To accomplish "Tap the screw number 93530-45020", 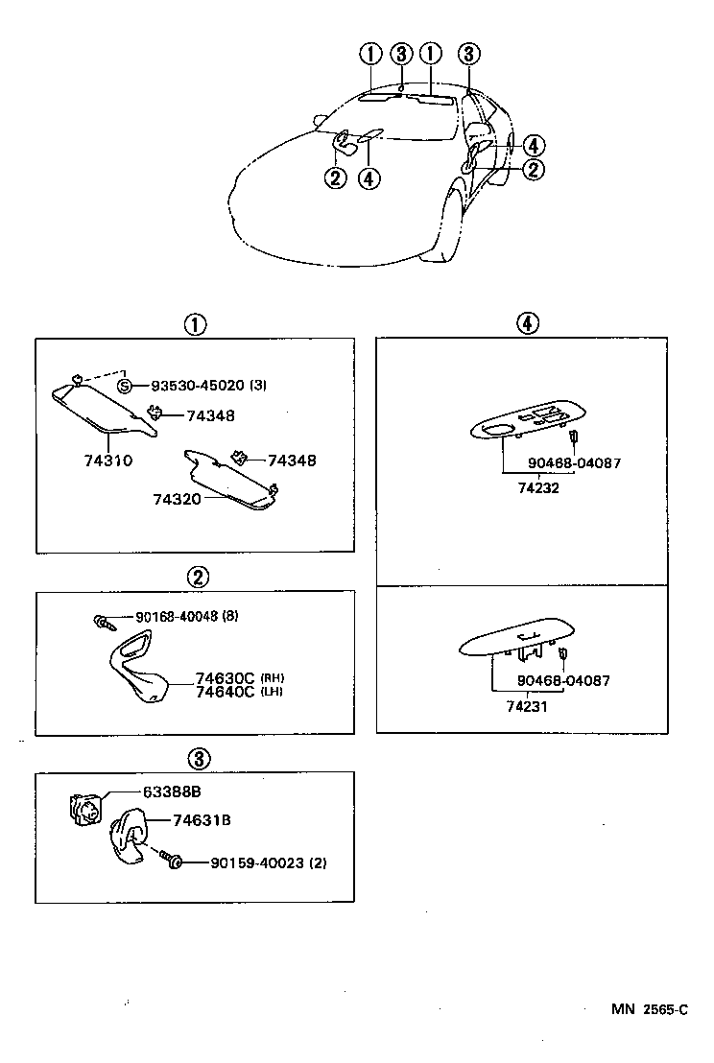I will pos(198,386).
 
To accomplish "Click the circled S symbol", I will pos(126,386).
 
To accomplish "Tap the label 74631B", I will pos(202,820).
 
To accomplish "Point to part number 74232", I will pos(538,487).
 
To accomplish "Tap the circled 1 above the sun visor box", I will pos(196,324).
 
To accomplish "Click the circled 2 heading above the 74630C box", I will pos(196,578).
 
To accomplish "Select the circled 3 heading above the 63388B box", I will pos(196,760).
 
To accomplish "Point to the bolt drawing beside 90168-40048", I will pos(103,622).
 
